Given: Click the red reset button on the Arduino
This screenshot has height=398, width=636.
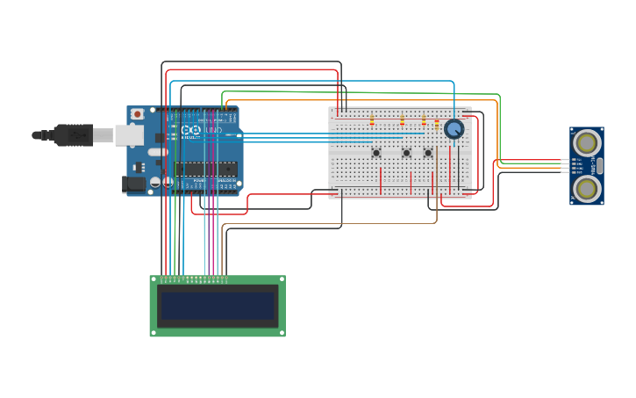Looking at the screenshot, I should [136, 114].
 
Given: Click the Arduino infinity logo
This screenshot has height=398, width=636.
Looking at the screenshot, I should [192, 130].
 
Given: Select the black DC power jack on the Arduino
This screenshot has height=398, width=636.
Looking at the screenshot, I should [133, 184].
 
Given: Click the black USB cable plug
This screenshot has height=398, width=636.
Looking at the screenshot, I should [74, 134].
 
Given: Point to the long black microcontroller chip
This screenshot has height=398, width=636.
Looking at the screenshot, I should [205, 169].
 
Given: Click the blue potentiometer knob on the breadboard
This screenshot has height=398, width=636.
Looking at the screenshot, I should [454, 129].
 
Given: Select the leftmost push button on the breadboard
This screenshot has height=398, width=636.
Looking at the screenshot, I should [376, 153].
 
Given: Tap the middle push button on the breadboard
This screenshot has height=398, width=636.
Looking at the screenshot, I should [406, 153].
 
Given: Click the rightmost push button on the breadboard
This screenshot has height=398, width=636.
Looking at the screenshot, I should [428, 153].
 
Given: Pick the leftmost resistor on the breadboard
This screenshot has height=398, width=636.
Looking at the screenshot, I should [372, 119].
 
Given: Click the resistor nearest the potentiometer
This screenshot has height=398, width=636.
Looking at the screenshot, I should [437, 124].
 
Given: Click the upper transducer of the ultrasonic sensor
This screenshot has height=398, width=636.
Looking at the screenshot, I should [586, 142].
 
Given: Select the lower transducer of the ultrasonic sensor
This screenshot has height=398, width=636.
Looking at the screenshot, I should [586, 188].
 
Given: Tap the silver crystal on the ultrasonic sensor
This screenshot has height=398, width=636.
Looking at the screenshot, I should [599, 165].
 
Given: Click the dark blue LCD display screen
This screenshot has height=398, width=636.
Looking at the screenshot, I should [217, 306].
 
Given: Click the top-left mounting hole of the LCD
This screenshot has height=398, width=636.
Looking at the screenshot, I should [154, 279].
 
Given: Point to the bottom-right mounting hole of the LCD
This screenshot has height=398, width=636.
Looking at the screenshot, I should [281, 333].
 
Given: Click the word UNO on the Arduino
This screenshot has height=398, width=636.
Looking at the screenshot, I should [213, 130].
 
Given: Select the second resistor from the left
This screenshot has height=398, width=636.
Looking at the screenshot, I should [403, 119].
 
